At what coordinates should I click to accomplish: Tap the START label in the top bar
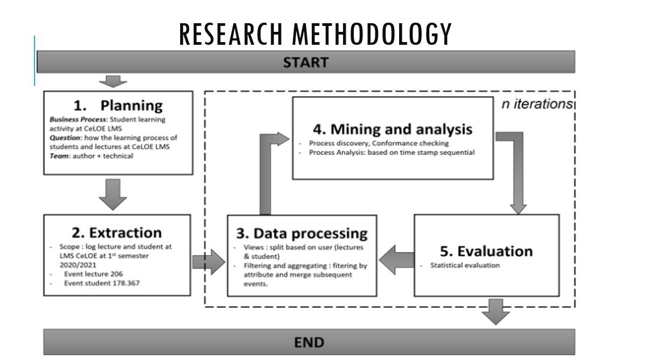point(305,62)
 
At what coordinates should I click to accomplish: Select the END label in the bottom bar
point(309,342)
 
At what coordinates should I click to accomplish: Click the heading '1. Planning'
point(118,105)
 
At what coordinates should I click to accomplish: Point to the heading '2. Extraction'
point(117,233)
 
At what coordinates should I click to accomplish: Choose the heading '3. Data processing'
point(302,233)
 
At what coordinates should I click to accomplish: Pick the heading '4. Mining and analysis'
point(393,129)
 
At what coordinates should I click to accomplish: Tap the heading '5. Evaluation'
point(486,251)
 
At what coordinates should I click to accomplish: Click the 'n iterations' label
point(537,104)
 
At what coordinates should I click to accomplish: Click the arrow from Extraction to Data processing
point(208,263)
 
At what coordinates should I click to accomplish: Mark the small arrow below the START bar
point(113,81)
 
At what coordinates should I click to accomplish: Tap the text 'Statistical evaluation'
point(464,265)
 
